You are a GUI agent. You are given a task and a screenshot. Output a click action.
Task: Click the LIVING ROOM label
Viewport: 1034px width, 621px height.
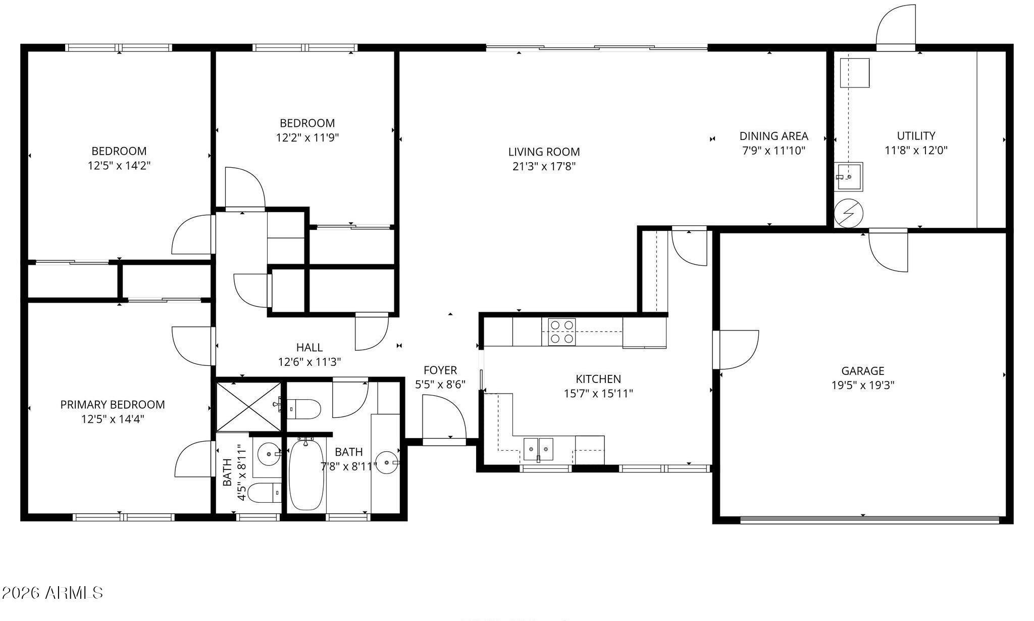coord(544,152)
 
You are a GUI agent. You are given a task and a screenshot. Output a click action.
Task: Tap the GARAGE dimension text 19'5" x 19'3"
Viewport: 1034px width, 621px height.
coord(863,385)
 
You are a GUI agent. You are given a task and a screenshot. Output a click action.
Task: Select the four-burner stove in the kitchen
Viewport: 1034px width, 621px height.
coord(561,331)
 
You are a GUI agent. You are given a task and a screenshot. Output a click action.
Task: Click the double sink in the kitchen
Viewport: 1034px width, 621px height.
coord(538,449)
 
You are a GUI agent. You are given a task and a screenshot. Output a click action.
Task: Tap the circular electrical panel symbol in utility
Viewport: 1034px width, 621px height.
coord(849,213)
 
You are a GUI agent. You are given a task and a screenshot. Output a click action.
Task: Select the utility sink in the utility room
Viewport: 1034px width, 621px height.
coord(848,176)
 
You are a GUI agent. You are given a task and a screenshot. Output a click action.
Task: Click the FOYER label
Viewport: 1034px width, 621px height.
coord(440,370)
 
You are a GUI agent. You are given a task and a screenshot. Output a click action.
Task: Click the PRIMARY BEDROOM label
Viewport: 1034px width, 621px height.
coord(113,405)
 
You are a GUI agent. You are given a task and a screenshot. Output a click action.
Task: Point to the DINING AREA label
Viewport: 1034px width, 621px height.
coord(773,136)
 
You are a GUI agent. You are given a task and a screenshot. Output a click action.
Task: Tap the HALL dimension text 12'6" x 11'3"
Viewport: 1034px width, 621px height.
coord(309,362)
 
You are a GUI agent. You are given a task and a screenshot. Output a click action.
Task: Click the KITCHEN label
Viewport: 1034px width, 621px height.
coord(598,379)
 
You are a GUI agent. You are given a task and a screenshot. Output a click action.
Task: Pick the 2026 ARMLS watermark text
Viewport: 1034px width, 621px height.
coord(53,593)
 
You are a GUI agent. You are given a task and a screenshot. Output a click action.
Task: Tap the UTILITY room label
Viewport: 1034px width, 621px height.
coord(916,136)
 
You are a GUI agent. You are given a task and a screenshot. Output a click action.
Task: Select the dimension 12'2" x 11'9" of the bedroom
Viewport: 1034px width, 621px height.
coord(307,137)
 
